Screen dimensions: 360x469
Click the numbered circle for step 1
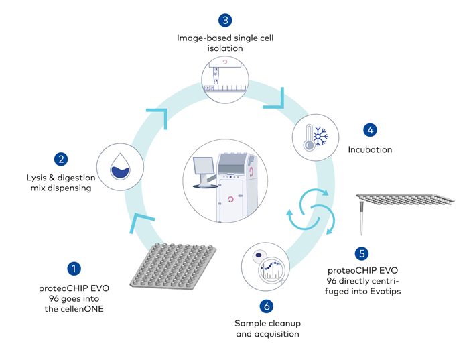coord(74,269)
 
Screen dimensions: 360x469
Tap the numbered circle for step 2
coord(61,159)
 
